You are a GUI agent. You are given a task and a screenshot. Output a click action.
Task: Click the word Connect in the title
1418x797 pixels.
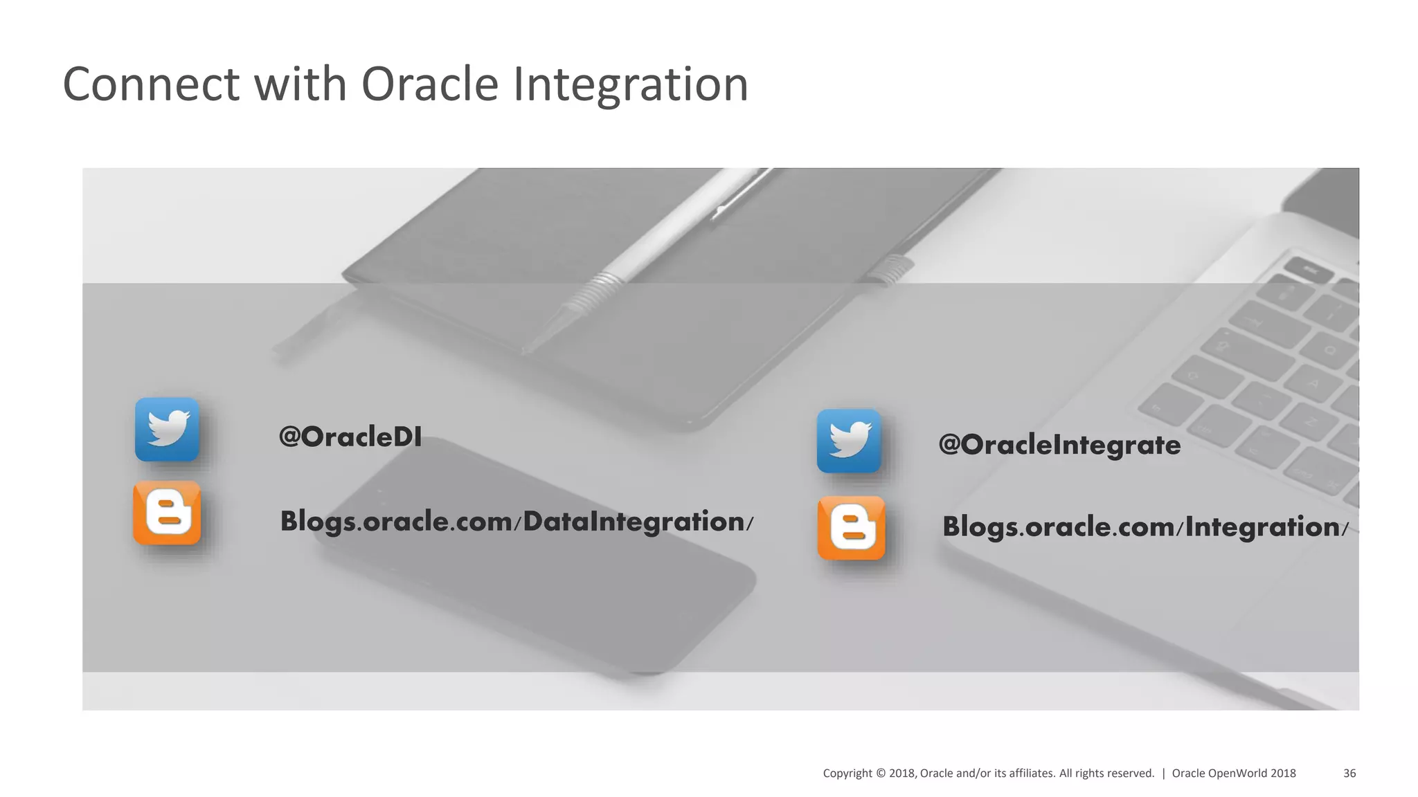click(x=151, y=84)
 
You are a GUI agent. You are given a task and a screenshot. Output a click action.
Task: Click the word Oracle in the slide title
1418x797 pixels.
click(x=429, y=84)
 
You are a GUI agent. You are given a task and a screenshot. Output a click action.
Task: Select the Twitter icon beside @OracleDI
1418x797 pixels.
click(x=167, y=429)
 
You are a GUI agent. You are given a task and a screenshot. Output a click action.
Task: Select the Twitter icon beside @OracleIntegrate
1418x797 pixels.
click(x=849, y=441)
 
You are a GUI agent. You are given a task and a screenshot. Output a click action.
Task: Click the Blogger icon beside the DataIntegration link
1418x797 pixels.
click(x=167, y=513)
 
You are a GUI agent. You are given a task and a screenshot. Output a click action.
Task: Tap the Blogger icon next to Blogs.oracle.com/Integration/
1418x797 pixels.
click(x=851, y=527)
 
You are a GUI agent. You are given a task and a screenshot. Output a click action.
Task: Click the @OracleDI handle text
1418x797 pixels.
click(x=350, y=437)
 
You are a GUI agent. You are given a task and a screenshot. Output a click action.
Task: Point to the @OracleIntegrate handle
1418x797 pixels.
click(x=1059, y=445)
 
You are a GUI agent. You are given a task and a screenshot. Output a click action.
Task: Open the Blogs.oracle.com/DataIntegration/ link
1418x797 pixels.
click(x=516, y=522)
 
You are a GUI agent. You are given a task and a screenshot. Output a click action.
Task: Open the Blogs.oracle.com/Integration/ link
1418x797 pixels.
click(x=1145, y=527)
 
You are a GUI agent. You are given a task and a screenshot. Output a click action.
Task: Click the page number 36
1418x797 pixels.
click(x=1349, y=773)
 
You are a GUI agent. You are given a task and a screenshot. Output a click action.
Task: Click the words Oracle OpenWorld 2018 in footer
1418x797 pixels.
click(x=1233, y=773)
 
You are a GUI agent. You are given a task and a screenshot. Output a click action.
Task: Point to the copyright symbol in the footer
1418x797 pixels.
click(x=880, y=773)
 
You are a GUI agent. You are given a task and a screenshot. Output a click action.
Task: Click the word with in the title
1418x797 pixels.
click(x=300, y=84)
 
